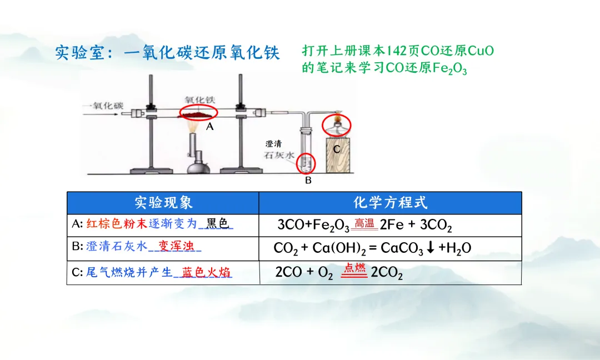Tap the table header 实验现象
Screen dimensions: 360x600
[163, 202]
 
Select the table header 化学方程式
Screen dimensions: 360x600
[390, 202]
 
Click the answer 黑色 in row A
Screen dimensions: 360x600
[217, 224]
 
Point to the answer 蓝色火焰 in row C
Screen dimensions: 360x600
[206, 273]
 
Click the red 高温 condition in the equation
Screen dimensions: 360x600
[364, 223]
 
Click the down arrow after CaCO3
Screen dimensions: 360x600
[431, 248]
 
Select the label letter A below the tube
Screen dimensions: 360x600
[209, 127]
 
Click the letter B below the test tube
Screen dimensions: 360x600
[308, 181]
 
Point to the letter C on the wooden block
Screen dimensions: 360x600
[337, 149]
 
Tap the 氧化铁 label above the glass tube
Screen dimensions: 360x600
[199, 100]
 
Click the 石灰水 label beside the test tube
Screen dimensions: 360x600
[281, 156]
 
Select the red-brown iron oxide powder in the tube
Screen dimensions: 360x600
[198, 113]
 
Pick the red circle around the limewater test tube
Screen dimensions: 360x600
[307, 163]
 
